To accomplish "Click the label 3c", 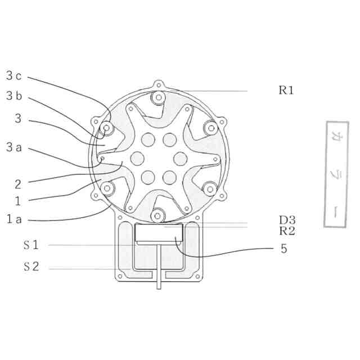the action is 13,76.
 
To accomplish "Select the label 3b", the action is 14,96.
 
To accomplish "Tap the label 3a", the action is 14,147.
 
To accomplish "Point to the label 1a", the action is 14,219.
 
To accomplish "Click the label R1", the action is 286,90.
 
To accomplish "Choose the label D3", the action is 287,220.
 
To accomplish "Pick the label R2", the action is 287,231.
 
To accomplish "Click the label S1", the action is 31,245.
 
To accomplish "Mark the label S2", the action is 31,266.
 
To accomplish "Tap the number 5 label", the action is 284,249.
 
